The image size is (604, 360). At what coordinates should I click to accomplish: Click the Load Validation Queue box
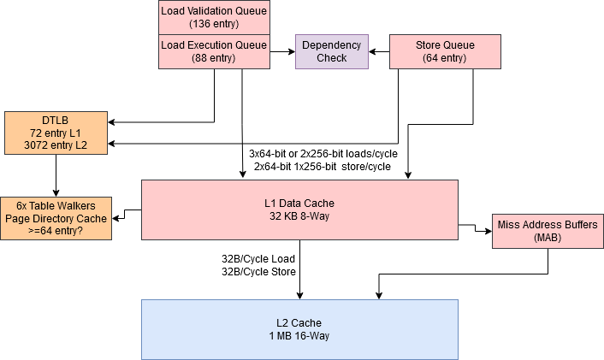pyautogui.click(x=214, y=17)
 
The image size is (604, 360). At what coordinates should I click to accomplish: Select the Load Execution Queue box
pyautogui.click(x=214, y=51)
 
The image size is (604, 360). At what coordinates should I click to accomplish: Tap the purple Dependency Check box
pyautogui.click(x=332, y=51)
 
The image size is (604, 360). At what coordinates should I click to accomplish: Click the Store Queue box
pyautogui.click(x=445, y=51)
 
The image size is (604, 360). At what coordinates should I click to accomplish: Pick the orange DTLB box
pyautogui.click(x=56, y=133)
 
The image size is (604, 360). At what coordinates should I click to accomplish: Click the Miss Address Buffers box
pyautogui.click(x=548, y=232)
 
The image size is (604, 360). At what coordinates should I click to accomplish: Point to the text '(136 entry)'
pyautogui.click(x=214, y=25)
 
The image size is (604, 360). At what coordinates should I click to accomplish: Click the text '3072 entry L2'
pyautogui.click(x=56, y=146)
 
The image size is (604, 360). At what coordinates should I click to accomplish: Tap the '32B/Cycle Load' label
pyautogui.click(x=258, y=258)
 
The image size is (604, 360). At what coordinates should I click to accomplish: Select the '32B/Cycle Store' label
pyautogui.click(x=258, y=272)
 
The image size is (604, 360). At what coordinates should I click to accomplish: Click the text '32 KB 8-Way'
pyautogui.click(x=299, y=217)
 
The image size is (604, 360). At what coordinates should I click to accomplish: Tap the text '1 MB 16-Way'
pyautogui.click(x=299, y=336)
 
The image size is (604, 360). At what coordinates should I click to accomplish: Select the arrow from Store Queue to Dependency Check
pyautogui.click(x=379, y=51)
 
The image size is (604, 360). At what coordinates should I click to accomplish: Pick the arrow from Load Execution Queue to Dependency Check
pyautogui.click(x=282, y=51)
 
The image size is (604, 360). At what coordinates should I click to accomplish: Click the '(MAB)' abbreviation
pyautogui.click(x=548, y=239)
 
